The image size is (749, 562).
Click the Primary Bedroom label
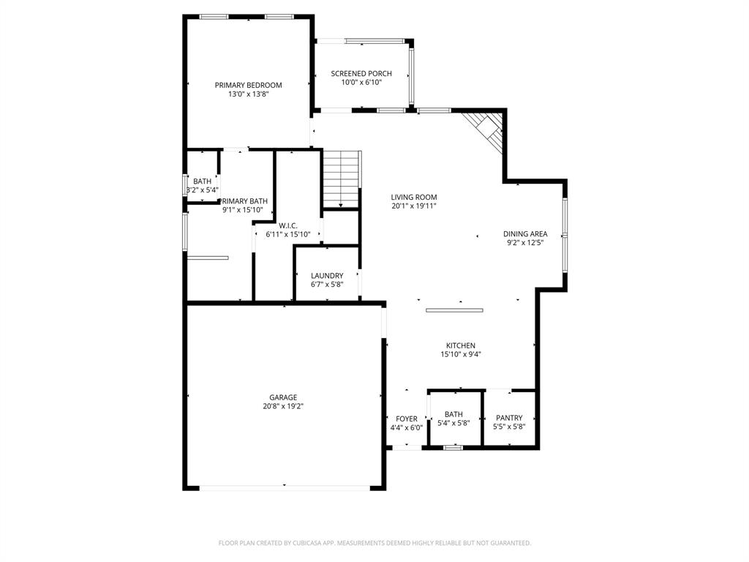point(248,85)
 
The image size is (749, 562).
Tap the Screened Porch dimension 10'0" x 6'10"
point(361,83)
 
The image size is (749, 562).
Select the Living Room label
point(413,197)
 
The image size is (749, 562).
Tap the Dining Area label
point(525,234)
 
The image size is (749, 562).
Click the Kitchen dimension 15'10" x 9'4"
point(461,354)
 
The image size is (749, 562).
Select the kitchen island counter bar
point(454,310)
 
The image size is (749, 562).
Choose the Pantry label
point(509,418)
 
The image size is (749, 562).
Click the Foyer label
point(406,419)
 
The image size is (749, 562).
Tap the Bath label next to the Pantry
point(453,413)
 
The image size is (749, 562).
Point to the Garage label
point(283,397)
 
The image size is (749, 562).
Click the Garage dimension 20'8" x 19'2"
point(283,406)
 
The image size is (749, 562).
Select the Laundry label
point(327,276)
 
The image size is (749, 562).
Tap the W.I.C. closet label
point(286,225)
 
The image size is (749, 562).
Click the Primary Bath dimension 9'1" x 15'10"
point(243,210)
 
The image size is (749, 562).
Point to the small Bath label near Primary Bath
point(202,181)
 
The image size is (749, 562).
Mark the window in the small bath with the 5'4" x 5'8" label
point(453,447)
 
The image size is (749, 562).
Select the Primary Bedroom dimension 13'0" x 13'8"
point(248,94)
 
